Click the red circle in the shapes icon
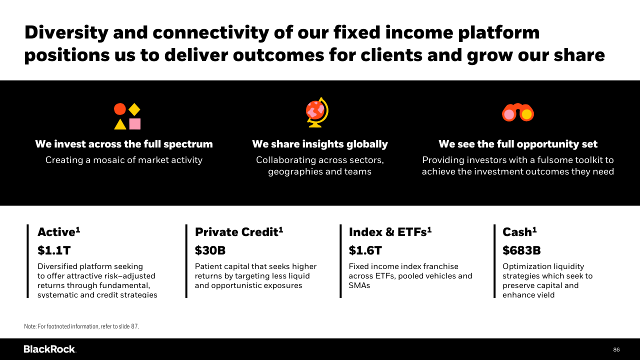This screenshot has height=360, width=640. click(119, 109)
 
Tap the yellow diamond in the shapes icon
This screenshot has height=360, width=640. click(134, 109)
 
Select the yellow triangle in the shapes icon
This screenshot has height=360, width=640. click(120, 124)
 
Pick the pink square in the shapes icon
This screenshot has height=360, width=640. click(135, 124)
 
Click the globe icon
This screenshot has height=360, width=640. click(317, 112)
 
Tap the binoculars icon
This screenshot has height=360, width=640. click(518, 112)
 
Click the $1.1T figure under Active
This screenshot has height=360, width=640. click(54, 250)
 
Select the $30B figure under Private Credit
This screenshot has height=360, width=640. click(210, 250)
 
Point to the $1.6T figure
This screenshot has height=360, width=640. click(365, 250)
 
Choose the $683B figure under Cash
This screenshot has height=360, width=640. click(521, 250)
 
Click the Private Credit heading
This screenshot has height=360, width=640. click(239, 232)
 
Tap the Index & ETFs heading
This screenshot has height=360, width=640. click(390, 232)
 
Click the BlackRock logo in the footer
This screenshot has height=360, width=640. click(50, 349)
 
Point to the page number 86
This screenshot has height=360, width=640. click(616, 349)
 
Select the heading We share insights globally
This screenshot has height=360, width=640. click(320, 144)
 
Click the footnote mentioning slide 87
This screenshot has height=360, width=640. click(81, 326)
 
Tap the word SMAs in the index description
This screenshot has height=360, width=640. click(359, 285)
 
